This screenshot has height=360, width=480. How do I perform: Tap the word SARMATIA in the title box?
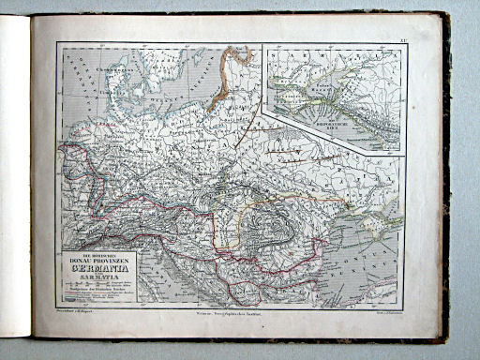pyautogui.click(x=97, y=278)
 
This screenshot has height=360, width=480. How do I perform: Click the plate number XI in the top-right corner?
pyautogui.click(x=399, y=44)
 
